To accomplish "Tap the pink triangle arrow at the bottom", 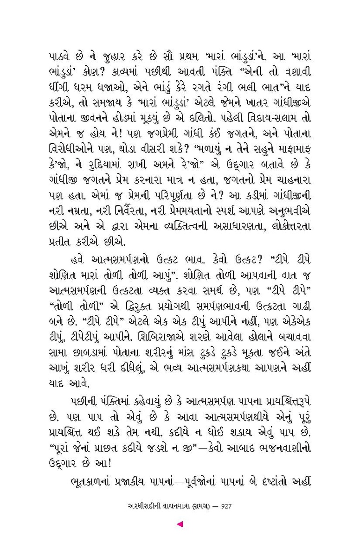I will coord(180,524).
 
